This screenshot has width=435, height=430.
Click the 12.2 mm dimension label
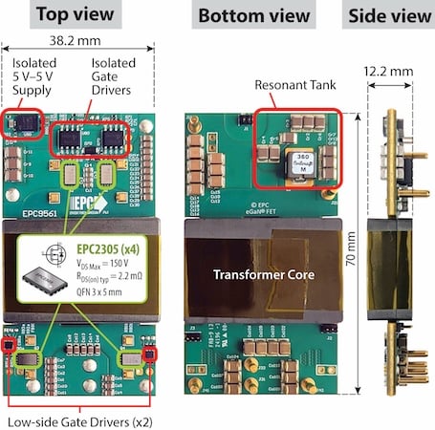pyautogui.click(x=391, y=70)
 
